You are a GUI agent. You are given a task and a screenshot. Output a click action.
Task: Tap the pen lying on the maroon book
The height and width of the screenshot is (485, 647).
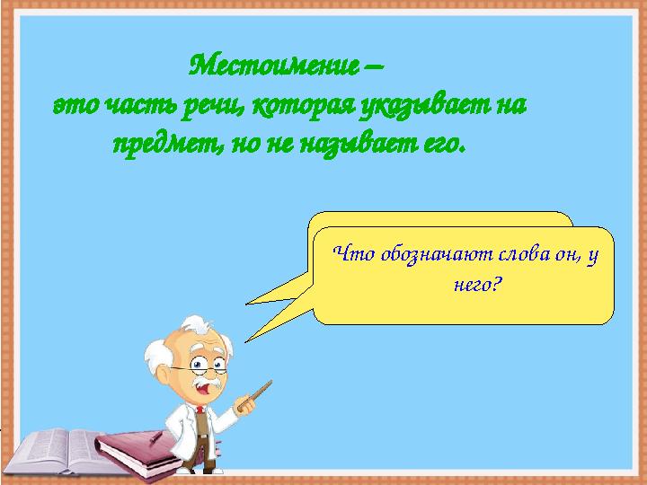(155, 437)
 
